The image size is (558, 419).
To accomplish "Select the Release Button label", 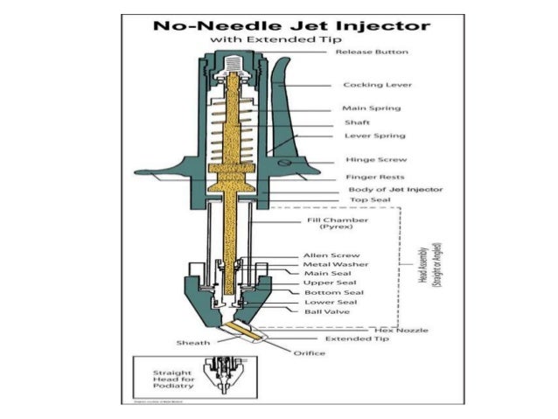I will tap(372, 52).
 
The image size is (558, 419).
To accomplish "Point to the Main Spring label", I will tap(372, 108).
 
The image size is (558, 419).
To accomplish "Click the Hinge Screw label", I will tap(372, 161).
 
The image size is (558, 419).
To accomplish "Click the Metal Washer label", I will tap(335, 264).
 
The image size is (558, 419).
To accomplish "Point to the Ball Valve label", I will tap(325, 311).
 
